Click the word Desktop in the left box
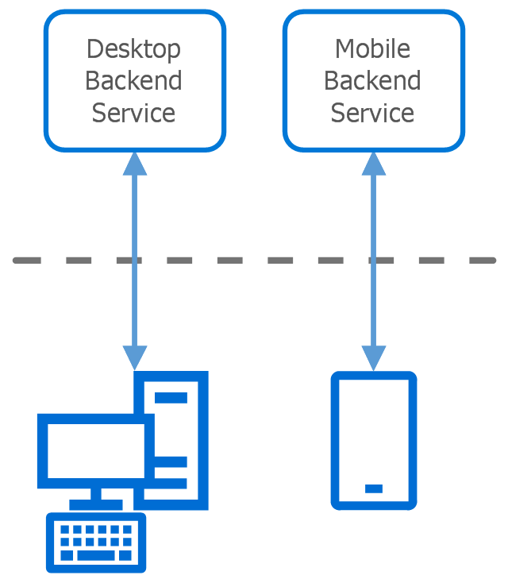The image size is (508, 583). (x=133, y=49)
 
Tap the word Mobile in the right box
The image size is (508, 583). (x=373, y=49)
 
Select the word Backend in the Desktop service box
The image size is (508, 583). (x=133, y=81)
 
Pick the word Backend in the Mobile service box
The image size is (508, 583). (x=373, y=81)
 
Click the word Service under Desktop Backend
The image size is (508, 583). (x=133, y=113)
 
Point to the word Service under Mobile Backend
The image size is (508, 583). (x=373, y=113)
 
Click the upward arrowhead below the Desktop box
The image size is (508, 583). (x=135, y=163)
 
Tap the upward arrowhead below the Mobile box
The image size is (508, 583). (x=374, y=163)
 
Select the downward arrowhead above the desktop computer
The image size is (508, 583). (x=135, y=358)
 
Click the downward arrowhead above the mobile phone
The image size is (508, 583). (x=374, y=358)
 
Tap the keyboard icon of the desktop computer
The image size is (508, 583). (x=96, y=542)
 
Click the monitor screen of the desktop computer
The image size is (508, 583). (x=96, y=450)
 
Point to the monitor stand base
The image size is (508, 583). (x=96, y=504)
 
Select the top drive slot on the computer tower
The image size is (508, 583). (x=171, y=397)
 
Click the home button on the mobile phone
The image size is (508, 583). (x=374, y=488)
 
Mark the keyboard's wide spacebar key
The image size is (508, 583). (x=96, y=555)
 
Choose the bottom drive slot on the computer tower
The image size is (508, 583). (x=171, y=483)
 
